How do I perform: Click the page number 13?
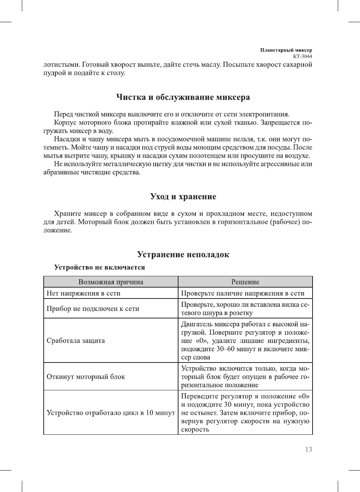click(308, 449)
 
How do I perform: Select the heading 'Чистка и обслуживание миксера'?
click(183, 97)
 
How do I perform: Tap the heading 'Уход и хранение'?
click(183, 196)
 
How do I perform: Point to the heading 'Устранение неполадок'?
click(183, 254)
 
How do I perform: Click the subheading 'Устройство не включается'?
click(99, 267)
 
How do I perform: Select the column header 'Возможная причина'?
click(111, 282)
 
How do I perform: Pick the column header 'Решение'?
click(245, 282)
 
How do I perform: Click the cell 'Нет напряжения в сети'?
click(84, 293)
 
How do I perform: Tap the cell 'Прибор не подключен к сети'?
click(93, 309)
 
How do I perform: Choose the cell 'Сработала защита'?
click(76, 341)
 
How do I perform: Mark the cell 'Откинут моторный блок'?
click(86, 377)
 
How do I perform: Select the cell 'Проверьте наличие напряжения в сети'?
click(243, 293)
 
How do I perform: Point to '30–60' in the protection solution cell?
click(226, 349)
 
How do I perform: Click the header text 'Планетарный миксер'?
click(286, 50)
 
